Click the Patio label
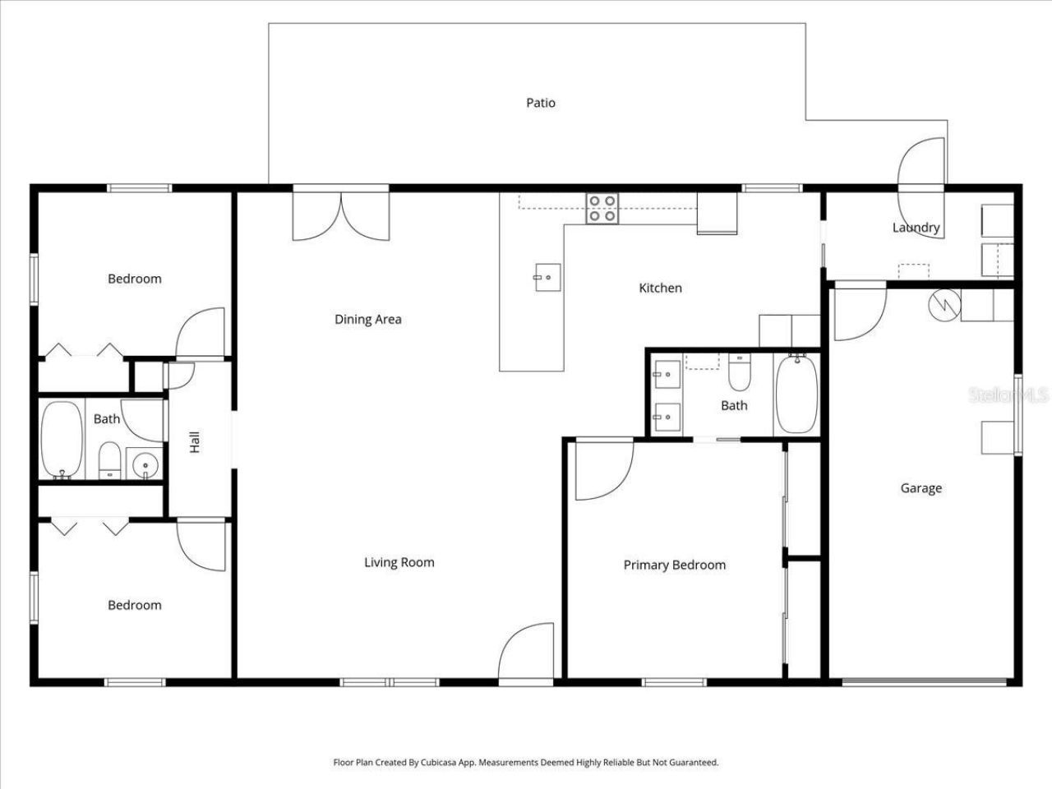click(x=541, y=103)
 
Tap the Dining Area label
click(x=368, y=320)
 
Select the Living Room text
click(x=399, y=562)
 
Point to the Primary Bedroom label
click(x=674, y=565)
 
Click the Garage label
click(x=921, y=488)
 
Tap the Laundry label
click(x=916, y=228)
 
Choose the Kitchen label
click(x=661, y=288)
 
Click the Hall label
click(x=195, y=442)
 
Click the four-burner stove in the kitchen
click(x=602, y=209)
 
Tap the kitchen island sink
click(x=548, y=277)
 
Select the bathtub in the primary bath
click(x=796, y=394)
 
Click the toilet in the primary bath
click(x=740, y=372)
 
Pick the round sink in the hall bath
click(x=145, y=464)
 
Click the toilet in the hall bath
click(x=109, y=460)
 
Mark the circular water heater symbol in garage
click(x=944, y=305)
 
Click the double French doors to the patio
click(x=341, y=216)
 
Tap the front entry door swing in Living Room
click(x=526, y=651)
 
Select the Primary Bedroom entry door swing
click(x=604, y=470)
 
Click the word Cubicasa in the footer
click(x=439, y=762)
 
